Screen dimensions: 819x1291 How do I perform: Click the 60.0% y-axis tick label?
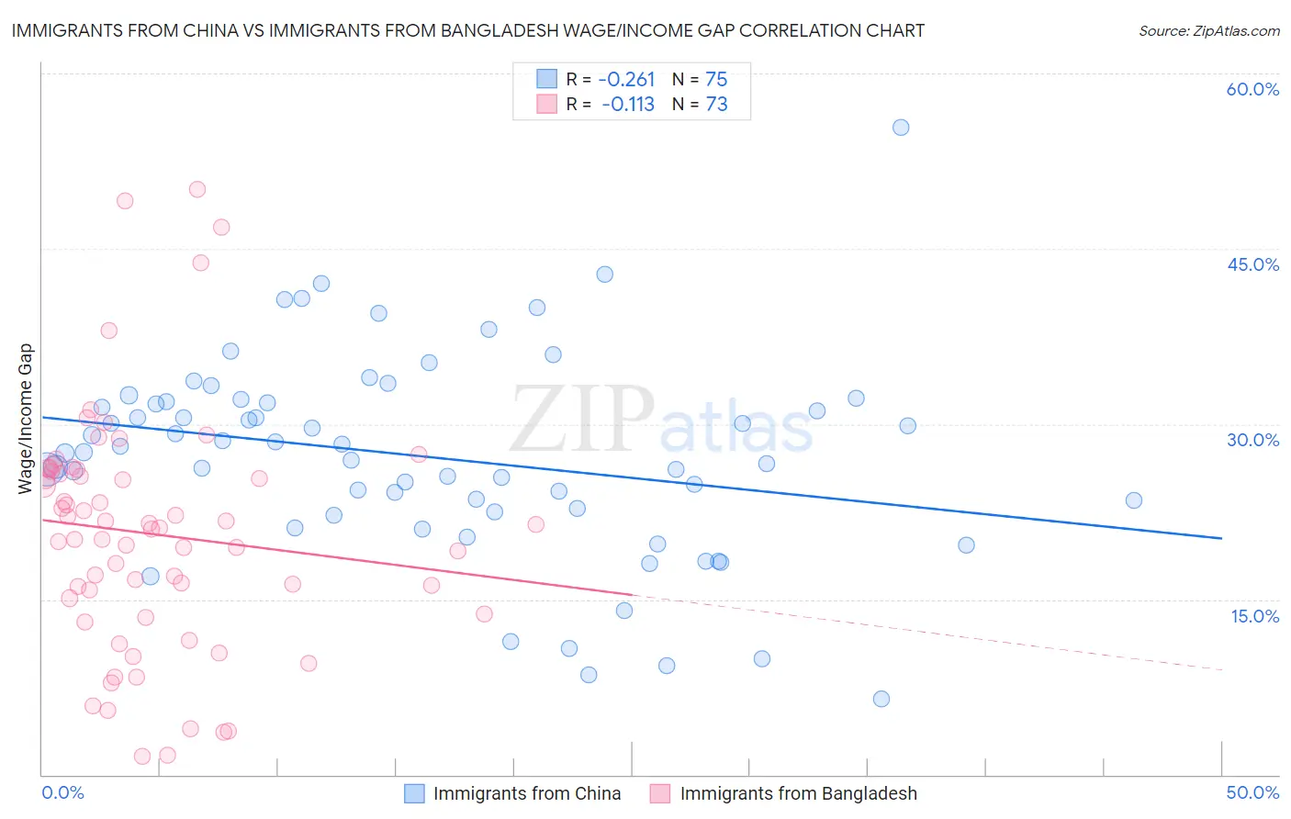1252,89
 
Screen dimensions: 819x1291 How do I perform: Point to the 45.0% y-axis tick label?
1252,264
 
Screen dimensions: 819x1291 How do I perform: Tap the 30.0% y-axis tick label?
1252,440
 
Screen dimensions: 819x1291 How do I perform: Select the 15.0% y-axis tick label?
1254,616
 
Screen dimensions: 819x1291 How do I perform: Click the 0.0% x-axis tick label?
62,792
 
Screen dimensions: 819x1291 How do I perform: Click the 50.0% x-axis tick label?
1252,792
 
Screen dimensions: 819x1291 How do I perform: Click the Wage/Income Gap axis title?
25,419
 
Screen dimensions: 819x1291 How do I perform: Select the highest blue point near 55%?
901,128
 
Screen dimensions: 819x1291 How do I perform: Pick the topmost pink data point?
197,190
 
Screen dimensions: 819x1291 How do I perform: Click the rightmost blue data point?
1134,500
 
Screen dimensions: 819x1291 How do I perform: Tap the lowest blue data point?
881,699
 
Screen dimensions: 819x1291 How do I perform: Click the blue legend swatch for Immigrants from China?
415,793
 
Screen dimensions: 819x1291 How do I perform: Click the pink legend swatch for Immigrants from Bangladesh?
660,793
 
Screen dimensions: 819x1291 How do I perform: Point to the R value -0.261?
626,79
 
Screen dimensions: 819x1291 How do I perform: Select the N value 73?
716,105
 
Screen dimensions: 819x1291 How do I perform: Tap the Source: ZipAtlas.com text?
1208,30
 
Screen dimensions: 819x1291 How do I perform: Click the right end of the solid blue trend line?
1221,538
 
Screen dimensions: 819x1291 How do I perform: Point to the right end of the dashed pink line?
1221,670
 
